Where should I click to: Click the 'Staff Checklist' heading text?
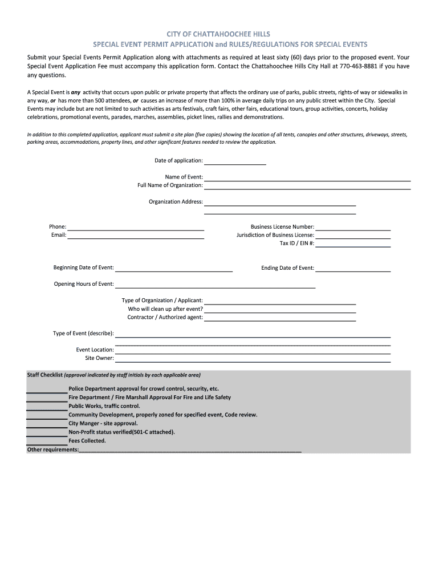tap(45, 375)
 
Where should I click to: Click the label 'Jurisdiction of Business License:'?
tap(275, 235)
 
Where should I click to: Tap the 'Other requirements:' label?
tap(53, 450)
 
